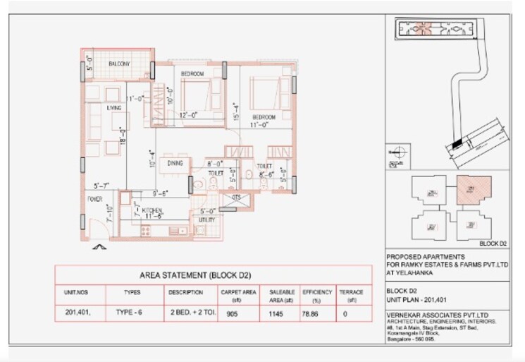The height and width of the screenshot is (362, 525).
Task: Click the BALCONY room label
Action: (118, 64)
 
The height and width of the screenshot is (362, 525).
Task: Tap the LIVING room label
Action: (114, 108)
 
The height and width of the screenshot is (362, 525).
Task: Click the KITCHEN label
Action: (152, 211)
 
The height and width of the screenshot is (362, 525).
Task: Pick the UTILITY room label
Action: (206, 220)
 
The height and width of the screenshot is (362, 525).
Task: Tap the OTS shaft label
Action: (237, 198)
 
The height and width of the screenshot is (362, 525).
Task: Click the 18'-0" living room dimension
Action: (122, 135)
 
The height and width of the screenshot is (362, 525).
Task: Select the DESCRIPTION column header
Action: (185, 291)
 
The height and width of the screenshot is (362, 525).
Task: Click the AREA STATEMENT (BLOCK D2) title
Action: (213, 274)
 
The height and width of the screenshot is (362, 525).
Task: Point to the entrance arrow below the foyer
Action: (99, 247)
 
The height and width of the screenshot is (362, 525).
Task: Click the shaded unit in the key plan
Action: (467, 189)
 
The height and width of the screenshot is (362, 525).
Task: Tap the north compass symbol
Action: (396, 150)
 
